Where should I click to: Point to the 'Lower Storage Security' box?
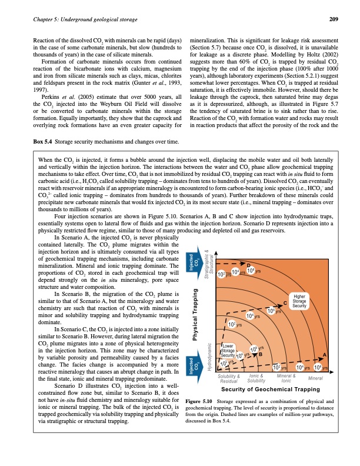[x=229, y=351]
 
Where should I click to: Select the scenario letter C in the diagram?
[x=285, y=302]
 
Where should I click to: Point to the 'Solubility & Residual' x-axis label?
[x=229, y=378]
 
